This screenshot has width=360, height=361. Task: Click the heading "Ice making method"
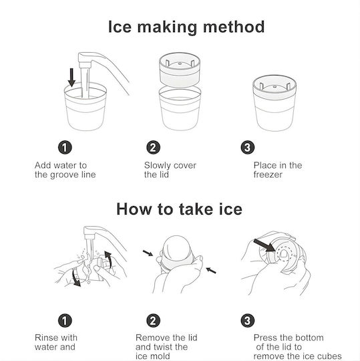(186, 27)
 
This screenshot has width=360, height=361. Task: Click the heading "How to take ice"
(180, 209)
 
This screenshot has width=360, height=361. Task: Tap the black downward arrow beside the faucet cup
(71, 78)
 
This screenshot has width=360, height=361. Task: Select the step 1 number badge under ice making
(65, 147)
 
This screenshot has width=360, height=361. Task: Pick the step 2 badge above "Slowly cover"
(153, 147)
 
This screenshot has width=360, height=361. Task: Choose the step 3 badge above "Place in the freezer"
(248, 147)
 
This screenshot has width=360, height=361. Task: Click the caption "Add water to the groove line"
(65, 170)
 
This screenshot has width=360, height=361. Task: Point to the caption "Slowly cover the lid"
(170, 170)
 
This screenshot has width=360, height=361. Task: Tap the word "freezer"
(268, 174)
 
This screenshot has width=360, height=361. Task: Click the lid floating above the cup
(180, 70)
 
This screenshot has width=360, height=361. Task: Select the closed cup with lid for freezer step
(275, 103)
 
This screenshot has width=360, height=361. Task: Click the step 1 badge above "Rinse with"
(65, 320)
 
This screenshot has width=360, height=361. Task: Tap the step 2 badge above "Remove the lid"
(153, 320)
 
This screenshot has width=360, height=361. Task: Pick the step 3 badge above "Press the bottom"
(248, 320)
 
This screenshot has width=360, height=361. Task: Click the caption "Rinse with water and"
(56, 342)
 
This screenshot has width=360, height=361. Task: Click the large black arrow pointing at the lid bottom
(264, 245)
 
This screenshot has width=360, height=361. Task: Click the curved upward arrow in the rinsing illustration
(108, 259)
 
